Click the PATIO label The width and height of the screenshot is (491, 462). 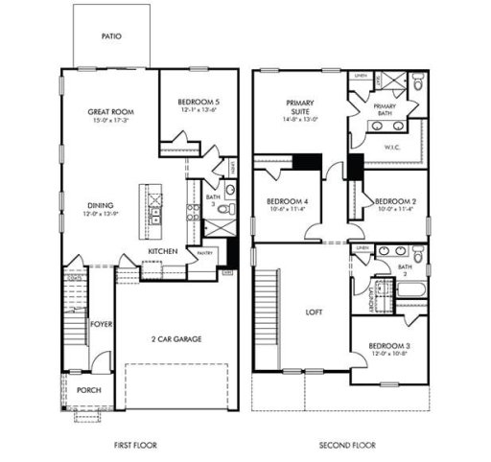tap(112, 36)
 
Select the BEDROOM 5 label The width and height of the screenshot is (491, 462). tap(198, 102)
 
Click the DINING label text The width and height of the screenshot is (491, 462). tap(101, 204)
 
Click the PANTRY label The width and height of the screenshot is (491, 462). tap(204, 252)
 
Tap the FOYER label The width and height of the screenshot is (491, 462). tap(103, 325)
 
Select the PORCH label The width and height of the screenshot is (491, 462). tap(88, 390)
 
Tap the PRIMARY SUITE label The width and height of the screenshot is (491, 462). tap(299, 106)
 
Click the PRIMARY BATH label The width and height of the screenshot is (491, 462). tap(385, 109)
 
